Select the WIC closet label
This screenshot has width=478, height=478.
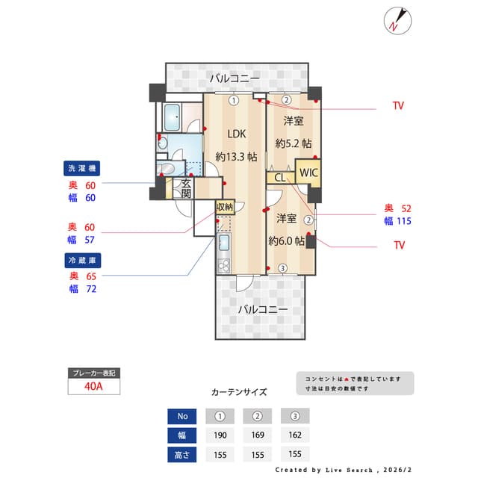click(308, 173)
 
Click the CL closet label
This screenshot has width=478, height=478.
click(279, 178)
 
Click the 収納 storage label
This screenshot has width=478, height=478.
click(225, 206)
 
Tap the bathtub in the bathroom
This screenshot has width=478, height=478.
click(173, 117)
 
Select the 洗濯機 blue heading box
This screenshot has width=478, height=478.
click(84, 167)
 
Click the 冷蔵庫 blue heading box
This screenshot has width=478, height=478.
click(84, 260)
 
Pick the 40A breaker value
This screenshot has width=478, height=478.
click(93, 386)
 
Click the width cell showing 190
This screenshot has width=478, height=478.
click(220, 435)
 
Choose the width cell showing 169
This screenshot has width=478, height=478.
click(257, 435)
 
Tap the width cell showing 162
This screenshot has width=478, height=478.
click(294, 435)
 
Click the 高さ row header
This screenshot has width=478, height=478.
click(183, 453)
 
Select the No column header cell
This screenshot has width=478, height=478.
click(183, 416)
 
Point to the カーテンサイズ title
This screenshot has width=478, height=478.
click(239, 391)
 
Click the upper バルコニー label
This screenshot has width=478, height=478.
click(235, 78)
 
